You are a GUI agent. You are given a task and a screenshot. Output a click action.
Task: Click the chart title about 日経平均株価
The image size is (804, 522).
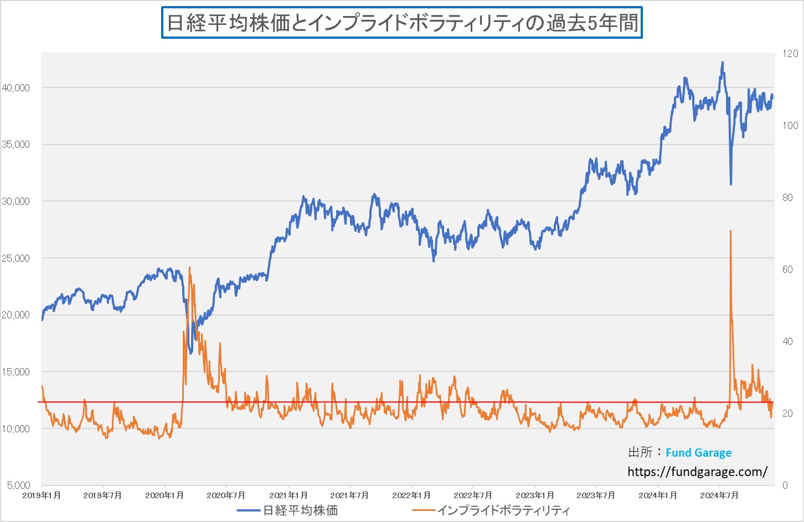tap(402, 23)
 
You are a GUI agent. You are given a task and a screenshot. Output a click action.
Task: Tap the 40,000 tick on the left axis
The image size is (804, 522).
tap(16, 88)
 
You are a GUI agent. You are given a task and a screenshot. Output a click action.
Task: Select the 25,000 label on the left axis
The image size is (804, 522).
tap(16, 259)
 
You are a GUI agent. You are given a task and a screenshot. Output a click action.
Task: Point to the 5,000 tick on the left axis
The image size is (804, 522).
tap(18, 485)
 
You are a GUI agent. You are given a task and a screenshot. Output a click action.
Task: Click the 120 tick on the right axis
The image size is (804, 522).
tap(790, 54)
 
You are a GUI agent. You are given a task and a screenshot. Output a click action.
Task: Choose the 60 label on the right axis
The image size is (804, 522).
tap(787, 270)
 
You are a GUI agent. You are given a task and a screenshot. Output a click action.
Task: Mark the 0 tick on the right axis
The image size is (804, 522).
tap(785, 485)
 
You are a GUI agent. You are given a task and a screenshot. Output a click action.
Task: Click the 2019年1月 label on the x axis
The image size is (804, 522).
tap(42, 495)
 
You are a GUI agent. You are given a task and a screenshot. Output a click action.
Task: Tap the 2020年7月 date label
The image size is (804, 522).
tap(226, 495)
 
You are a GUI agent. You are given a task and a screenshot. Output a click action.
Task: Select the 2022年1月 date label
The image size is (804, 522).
tap(411, 495)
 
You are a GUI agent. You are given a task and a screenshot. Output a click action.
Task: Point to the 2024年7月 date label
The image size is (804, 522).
tap(719, 495)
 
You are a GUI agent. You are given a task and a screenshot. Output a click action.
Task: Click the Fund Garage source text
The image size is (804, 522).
tap(698, 453)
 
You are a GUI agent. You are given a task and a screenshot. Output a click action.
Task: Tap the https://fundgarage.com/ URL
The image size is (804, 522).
tap(697, 472)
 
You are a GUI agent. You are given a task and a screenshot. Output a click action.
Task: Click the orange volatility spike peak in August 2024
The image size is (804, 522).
tap(731, 231)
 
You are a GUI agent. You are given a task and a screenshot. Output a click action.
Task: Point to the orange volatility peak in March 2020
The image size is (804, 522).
tap(189, 268)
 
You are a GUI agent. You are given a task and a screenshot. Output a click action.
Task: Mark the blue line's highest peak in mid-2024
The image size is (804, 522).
tap(723, 63)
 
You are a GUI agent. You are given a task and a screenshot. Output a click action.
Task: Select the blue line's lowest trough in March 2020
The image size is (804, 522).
tap(190, 353)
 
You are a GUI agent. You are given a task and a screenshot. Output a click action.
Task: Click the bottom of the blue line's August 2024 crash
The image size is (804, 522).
tap(731, 184)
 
